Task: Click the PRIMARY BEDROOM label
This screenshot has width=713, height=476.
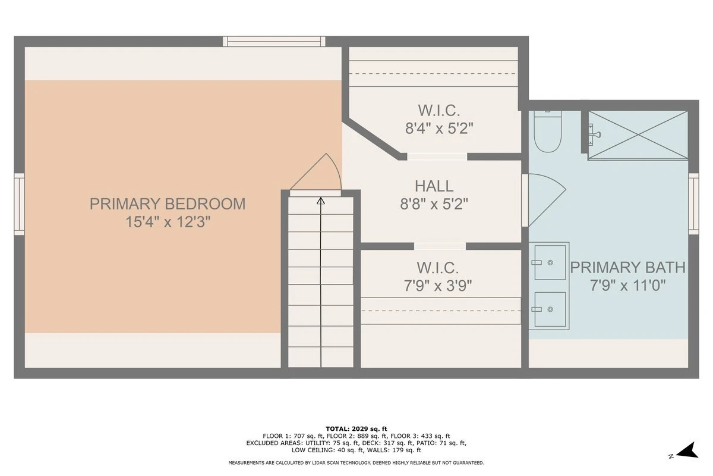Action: [x=168, y=204]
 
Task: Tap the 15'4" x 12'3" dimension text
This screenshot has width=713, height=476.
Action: [x=168, y=222]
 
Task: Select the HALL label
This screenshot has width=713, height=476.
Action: [x=434, y=186]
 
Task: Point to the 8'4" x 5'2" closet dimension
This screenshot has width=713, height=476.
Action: [x=439, y=128]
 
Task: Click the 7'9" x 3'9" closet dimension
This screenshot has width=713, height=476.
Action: [x=438, y=286]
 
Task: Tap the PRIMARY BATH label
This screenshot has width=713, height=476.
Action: [x=627, y=267]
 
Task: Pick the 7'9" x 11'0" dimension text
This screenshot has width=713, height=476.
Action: [x=627, y=285]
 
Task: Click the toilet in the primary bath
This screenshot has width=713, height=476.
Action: [x=547, y=131]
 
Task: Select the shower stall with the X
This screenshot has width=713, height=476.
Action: [x=638, y=135]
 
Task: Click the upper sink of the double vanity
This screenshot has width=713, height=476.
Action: [x=550, y=262]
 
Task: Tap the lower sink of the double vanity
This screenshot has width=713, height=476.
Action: [x=550, y=309]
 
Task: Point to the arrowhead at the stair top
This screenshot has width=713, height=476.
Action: [x=321, y=201]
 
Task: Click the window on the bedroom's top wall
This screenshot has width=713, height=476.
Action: [x=274, y=42]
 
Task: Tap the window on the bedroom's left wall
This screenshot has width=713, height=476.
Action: [x=20, y=204]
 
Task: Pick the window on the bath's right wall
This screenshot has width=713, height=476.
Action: [x=693, y=203]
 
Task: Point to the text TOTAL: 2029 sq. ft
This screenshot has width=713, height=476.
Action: [x=356, y=429]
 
